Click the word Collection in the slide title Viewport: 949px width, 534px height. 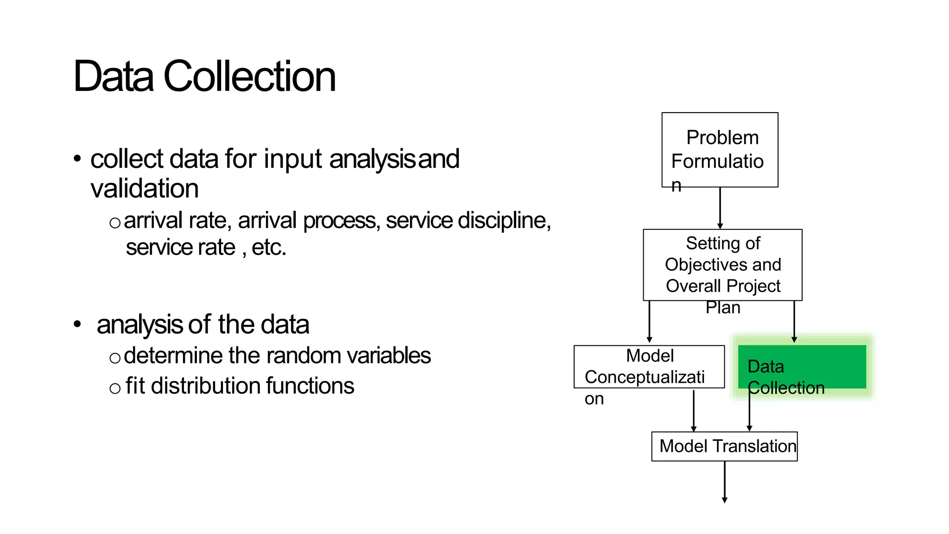(x=249, y=76)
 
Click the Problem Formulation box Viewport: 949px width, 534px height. (x=720, y=150)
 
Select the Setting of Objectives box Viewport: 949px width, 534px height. (x=722, y=265)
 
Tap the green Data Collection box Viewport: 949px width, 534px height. (x=802, y=366)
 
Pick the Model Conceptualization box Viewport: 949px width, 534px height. (x=649, y=367)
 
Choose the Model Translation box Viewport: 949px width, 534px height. (x=724, y=446)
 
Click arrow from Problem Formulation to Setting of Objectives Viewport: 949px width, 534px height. (x=720, y=208)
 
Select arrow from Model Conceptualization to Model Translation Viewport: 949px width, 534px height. (x=694, y=410)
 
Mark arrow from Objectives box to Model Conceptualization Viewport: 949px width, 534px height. (x=650, y=321)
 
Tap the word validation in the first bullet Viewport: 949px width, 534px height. (x=145, y=189)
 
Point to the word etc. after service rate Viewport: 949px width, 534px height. (x=269, y=248)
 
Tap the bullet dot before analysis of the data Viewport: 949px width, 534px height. (x=77, y=324)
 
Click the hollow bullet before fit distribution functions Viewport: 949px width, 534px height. (x=115, y=388)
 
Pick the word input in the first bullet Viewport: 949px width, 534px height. (x=293, y=159)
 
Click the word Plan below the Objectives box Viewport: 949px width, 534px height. (x=722, y=307)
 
